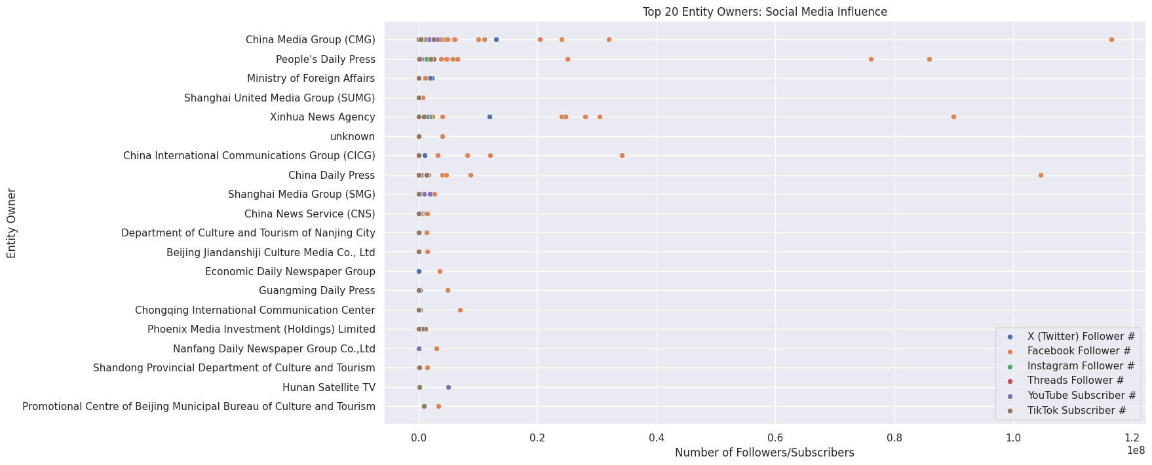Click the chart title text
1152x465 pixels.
[x=765, y=12]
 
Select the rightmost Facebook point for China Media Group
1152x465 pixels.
[x=1111, y=40]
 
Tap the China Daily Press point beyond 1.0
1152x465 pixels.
[x=1041, y=175]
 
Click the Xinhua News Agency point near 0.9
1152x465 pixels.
[x=953, y=117]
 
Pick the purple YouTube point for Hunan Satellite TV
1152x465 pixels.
[x=448, y=387]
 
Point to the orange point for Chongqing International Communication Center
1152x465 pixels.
[x=460, y=310]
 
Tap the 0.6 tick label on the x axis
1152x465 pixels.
[x=775, y=437]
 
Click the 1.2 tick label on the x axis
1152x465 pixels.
[x=1132, y=437]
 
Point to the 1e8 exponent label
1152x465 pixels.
[x=1136, y=451]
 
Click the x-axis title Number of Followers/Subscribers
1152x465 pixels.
[x=764, y=453]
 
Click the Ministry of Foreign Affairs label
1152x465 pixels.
[x=311, y=79]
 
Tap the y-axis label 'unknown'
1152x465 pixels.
[x=353, y=137]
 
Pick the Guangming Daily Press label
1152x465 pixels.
[x=317, y=291]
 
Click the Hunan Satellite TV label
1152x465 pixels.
[x=328, y=387]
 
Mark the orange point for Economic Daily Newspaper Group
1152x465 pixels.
[x=440, y=271]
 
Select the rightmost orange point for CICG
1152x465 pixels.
[x=622, y=156]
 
